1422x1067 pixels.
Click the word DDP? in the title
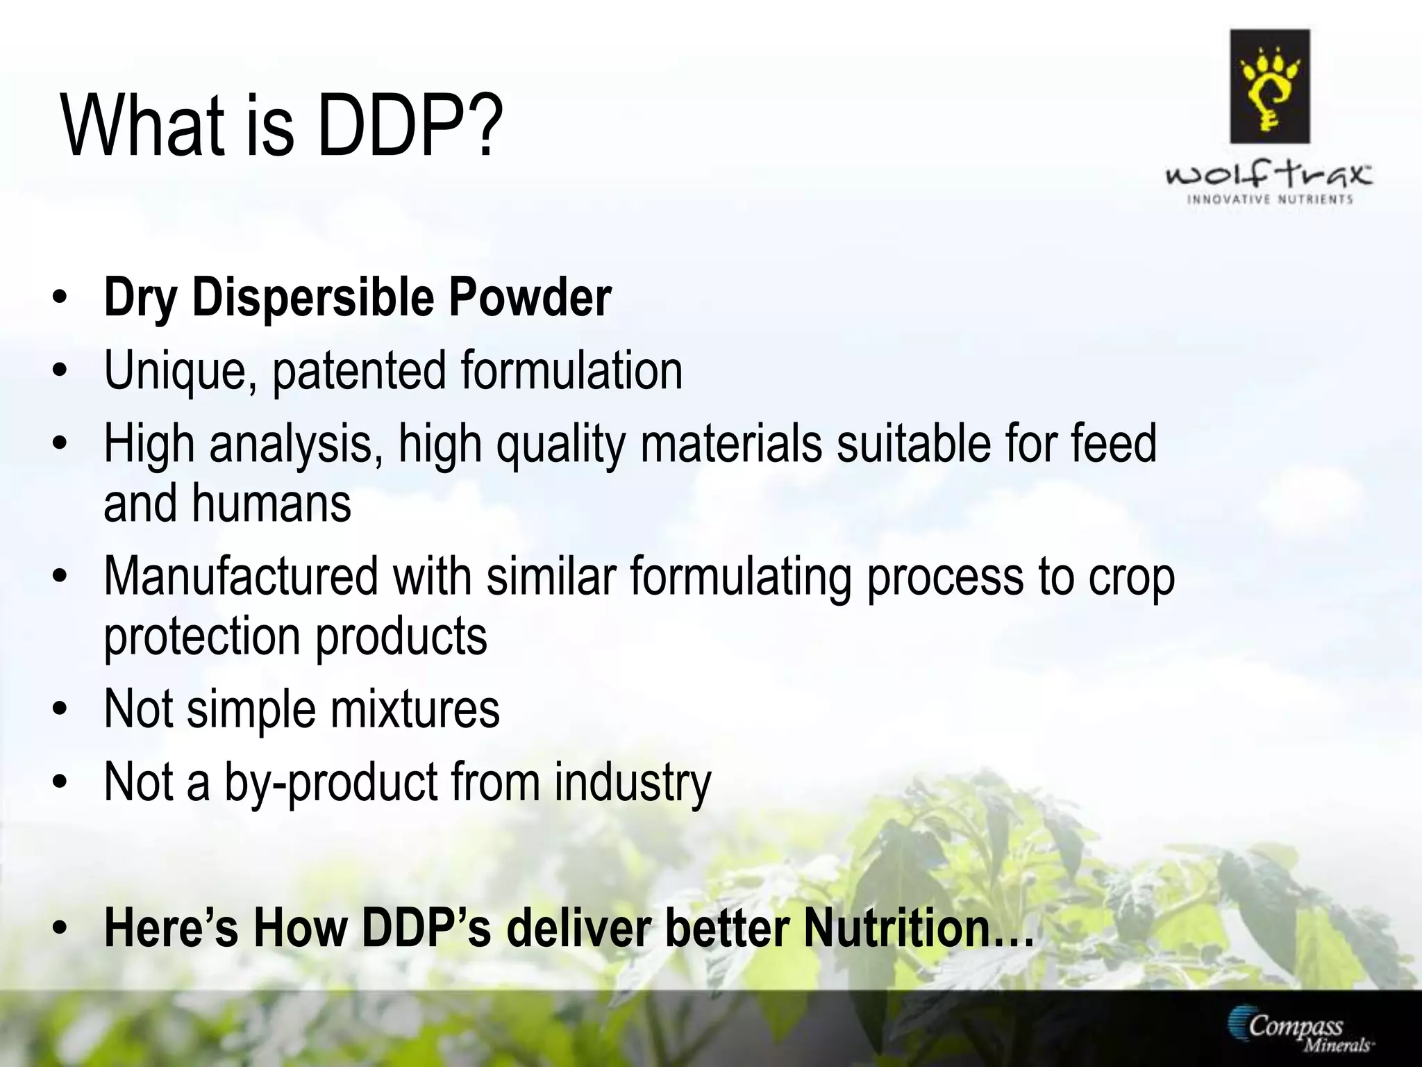click(410, 126)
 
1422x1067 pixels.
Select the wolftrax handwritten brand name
click(1269, 174)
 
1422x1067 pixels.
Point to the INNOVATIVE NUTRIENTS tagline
click(1270, 199)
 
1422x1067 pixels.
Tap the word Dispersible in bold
click(312, 298)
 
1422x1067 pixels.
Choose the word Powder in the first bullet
click(530, 298)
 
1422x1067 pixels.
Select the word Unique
click(176, 372)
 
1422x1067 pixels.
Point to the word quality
click(560, 445)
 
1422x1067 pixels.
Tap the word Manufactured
click(241, 577)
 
